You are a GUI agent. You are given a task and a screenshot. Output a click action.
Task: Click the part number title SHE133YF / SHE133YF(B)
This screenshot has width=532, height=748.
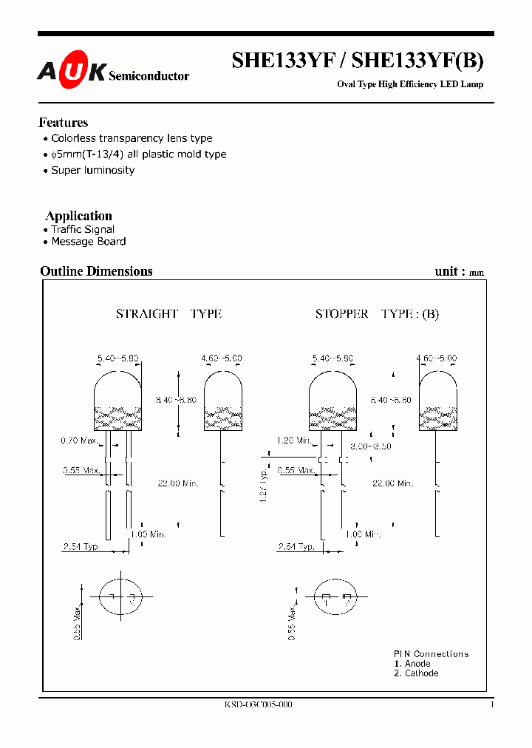pyautogui.click(x=358, y=61)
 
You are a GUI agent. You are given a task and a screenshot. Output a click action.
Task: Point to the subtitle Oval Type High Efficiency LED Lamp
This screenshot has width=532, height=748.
pyautogui.click(x=410, y=84)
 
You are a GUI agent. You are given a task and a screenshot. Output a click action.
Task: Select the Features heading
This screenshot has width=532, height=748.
pyautogui.click(x=64, y=123)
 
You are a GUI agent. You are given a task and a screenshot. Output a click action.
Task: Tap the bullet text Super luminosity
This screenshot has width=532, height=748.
pyautogui.click(x=92, y=170)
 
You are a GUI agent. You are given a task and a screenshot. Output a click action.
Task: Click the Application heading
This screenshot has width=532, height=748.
pyautogui.click(x=79, y=216)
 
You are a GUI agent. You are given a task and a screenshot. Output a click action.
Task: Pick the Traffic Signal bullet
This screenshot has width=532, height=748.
pyautogui.click(x=82, y=229)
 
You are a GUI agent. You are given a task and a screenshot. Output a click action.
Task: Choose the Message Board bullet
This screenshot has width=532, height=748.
pyautogui.click(x=88, y=242)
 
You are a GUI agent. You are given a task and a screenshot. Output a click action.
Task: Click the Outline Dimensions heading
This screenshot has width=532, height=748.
pyautogui.click(x=96, y=271)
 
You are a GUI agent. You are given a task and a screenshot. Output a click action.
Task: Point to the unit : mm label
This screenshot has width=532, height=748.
pyautogui.click(x=459, y=272)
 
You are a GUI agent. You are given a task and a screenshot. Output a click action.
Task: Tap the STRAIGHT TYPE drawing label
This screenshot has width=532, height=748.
pyautogui.click(x=168, y=313)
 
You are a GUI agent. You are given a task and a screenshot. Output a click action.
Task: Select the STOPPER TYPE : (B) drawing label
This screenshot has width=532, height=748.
pyautogui.click(x=377, y=313)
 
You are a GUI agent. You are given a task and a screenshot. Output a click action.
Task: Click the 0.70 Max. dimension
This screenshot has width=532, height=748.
pyautogui.click(x=79, y=441)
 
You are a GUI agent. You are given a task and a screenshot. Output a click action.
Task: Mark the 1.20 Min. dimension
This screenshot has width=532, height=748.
pyautogui.click(x=294, y=440)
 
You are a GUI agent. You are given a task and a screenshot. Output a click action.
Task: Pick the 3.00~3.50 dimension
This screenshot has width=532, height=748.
pyautogui.click(x=371, y=446)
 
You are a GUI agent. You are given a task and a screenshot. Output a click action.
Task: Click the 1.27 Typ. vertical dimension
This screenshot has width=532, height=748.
pyautogui.click(x=264, y=484)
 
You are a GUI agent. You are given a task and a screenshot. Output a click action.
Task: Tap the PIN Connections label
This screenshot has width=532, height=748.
pyautogui.click(x=431, y=654)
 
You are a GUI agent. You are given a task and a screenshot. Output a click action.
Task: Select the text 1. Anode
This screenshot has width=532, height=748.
pyautogui.click(x=412, y=664)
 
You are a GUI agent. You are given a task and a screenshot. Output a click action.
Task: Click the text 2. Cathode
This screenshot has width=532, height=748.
pyautogui.click(x=416, y=673)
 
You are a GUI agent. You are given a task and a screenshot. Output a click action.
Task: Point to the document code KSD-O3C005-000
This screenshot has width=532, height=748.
pyautogui.click(x=258, y=705)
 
